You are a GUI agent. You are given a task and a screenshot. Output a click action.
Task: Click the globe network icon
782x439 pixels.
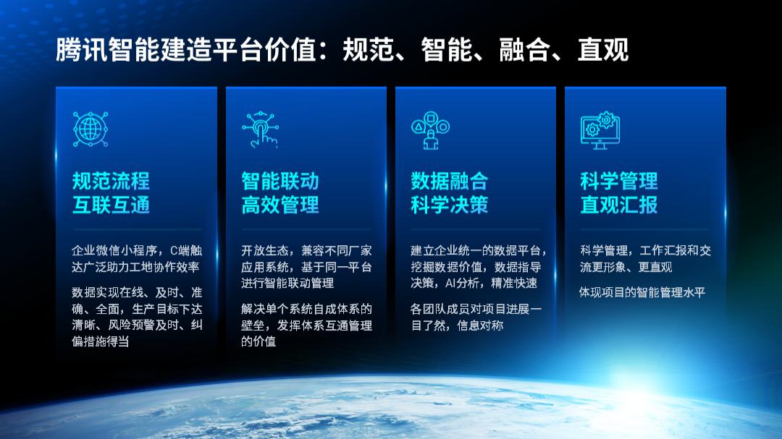point(91,129)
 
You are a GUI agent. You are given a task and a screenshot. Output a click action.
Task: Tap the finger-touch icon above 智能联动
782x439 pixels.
point(260,129)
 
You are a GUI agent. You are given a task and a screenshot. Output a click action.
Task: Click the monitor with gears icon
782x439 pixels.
point(600,130)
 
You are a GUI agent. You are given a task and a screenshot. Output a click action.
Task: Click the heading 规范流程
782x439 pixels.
point(111,181)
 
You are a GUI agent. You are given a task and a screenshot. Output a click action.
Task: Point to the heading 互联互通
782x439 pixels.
point(111,205)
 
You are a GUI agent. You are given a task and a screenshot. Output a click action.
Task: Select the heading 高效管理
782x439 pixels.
point(279,205)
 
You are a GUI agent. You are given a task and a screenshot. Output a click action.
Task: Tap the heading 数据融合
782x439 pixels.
point(450,181)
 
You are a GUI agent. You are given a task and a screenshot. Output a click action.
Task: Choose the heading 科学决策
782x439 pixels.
point(450,205)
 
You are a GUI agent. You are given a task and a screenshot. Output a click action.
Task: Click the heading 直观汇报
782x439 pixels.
point(619,205)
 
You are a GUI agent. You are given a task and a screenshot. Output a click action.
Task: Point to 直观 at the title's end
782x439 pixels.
point(603,50)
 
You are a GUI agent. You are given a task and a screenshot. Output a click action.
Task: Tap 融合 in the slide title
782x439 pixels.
point(525,50)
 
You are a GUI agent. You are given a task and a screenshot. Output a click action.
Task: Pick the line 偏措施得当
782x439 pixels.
point(100,342)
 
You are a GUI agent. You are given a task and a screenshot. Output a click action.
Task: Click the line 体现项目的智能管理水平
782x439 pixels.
point(642,292)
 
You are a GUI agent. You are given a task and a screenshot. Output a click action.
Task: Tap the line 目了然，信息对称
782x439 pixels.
point(457,325)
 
